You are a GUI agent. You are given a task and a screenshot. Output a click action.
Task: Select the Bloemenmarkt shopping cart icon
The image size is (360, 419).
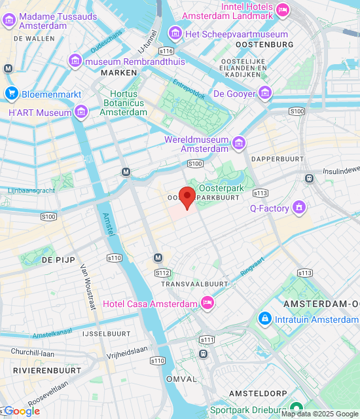click(x=11, y=94)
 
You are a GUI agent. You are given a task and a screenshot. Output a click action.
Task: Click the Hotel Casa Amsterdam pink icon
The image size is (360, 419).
click(x=207, y=303)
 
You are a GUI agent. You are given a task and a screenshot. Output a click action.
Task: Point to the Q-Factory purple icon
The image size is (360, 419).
click(x=300, y=209)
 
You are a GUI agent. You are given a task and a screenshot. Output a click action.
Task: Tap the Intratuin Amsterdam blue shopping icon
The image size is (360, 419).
click(x=265, y=319)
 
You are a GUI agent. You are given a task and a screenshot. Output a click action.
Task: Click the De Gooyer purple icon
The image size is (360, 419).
click(x=265, y=94)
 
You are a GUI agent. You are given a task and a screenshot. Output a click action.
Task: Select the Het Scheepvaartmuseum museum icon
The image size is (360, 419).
click(x=175, y=33)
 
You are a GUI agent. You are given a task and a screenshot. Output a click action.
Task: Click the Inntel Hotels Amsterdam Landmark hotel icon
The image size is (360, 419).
click(x=283, y=9)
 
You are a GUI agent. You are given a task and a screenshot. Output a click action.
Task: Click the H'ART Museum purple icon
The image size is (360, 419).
click(x=81, y=113)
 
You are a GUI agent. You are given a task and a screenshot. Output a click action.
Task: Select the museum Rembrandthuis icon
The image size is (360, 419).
click(x=75, y=62)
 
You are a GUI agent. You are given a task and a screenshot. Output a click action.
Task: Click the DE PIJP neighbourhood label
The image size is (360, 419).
click(x=56, y=260)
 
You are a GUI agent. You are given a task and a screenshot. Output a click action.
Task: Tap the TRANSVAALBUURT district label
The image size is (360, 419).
click(x=194, y=284)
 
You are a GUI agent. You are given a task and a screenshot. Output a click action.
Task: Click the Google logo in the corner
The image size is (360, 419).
click(x=21, y=411)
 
